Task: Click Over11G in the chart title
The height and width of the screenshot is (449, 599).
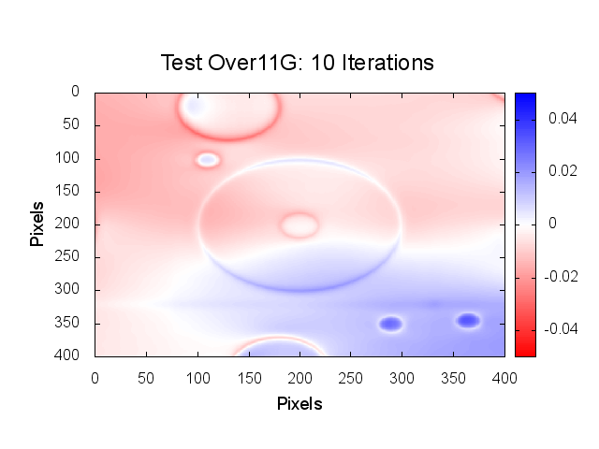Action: [256, 63]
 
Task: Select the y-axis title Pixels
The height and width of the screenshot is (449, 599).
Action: [37, 223]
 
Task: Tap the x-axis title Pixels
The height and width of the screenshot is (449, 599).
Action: [299, 404]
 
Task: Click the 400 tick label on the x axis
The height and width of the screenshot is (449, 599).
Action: [504, 377]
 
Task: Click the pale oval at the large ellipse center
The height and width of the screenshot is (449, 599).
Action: [299, 224]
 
